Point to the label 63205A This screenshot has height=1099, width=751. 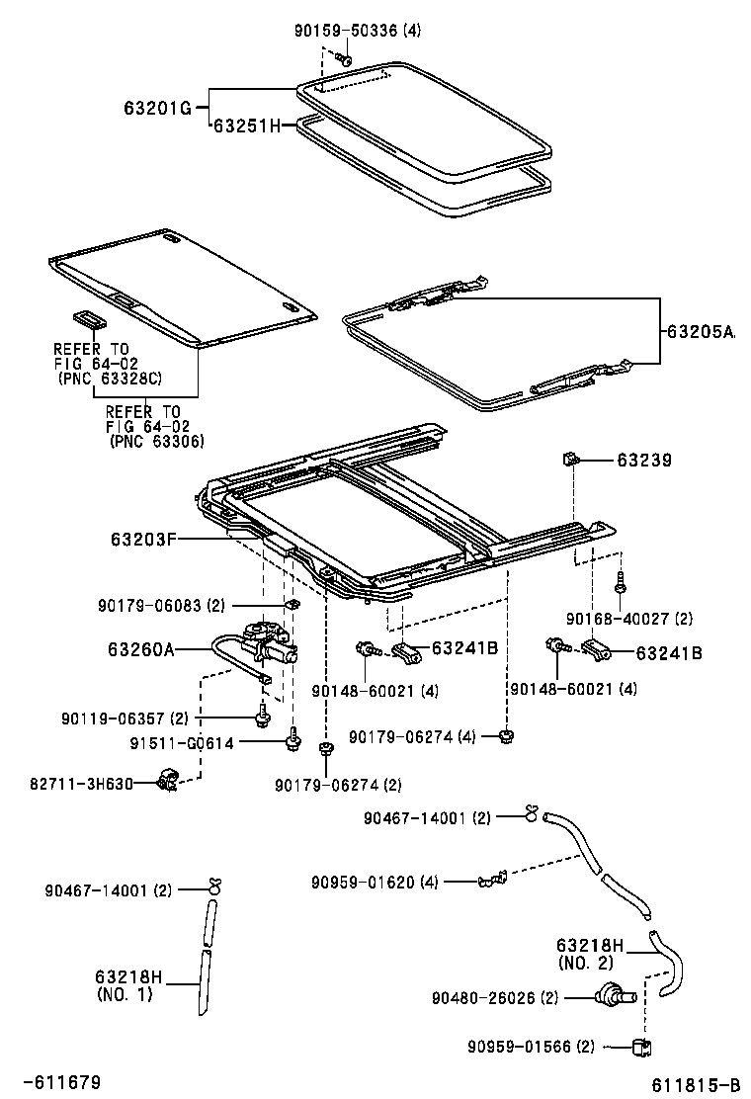pos(701,333)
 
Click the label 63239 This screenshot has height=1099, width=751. pos(644,460)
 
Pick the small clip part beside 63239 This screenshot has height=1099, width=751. pos(571,458)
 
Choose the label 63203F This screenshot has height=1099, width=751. pos(143,539)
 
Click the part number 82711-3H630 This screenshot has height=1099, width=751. pos(81,784)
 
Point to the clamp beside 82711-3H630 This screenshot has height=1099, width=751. pos(171,783)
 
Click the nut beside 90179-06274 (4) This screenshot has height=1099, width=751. pos(507,735)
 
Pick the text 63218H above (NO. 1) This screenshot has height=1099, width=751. pos(129,978)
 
